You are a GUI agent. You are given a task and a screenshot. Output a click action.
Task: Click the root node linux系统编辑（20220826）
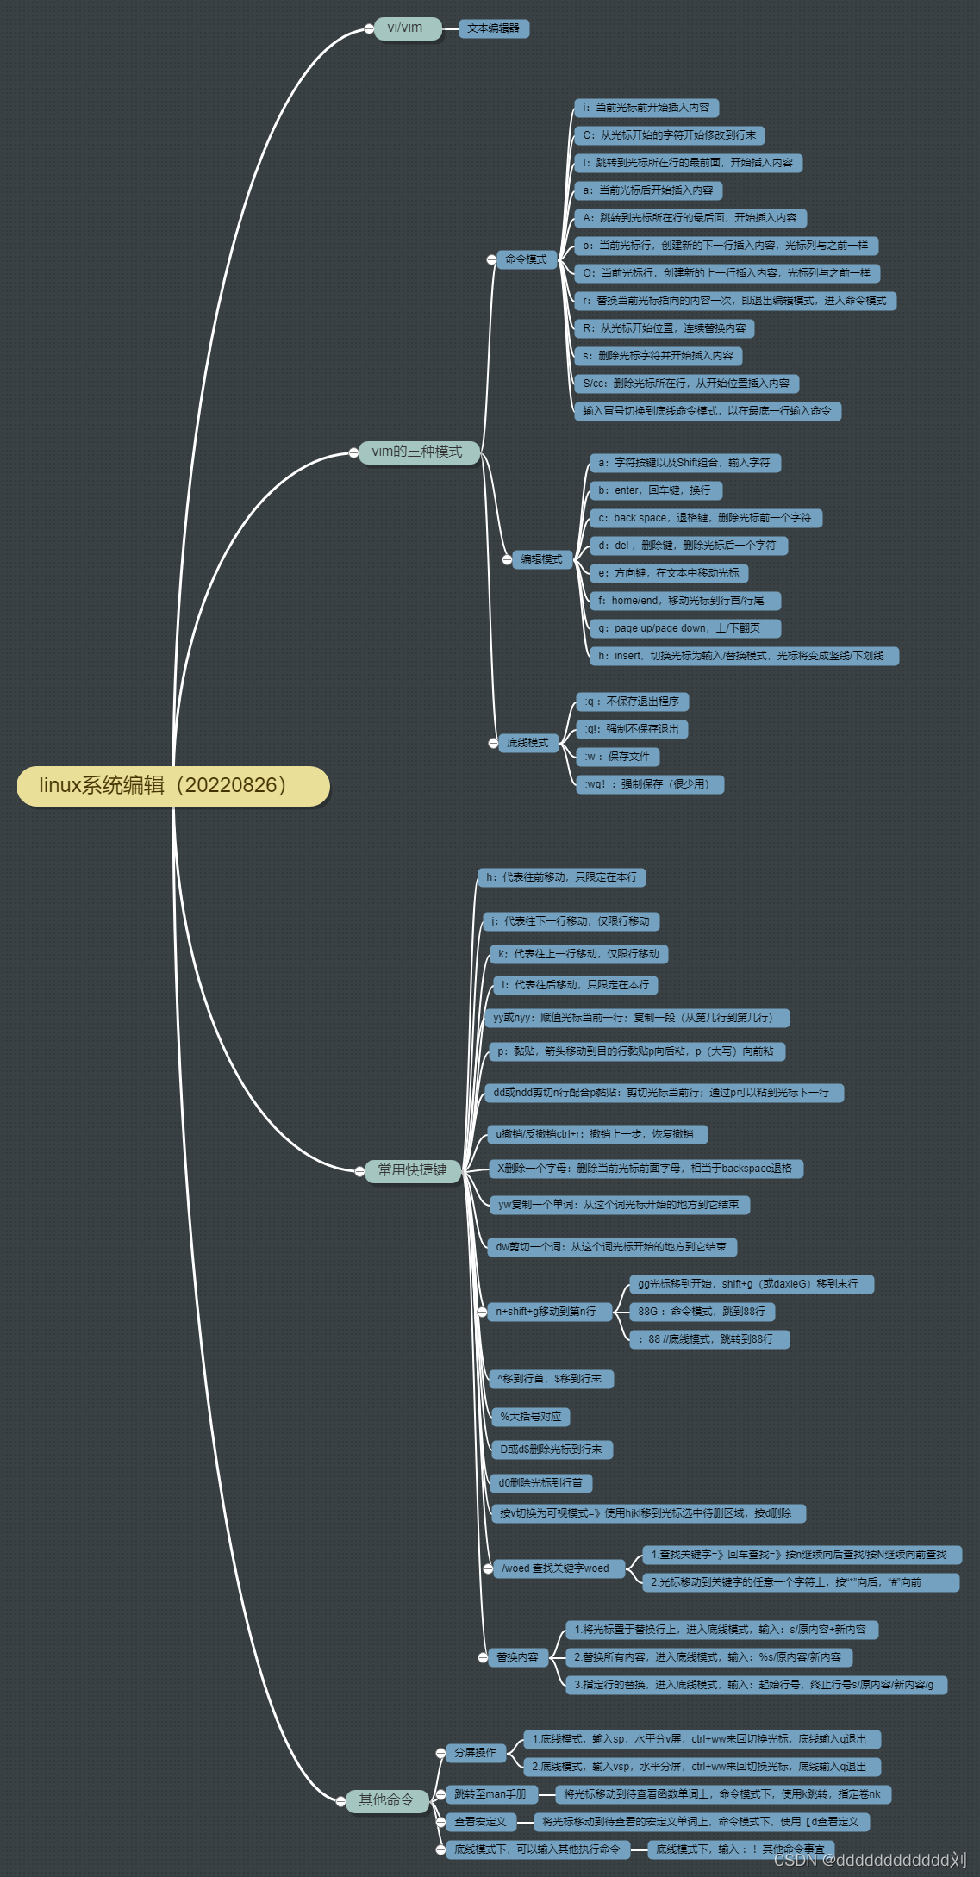[x=173, y=786]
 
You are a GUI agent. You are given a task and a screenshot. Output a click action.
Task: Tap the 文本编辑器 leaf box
[x=494, y=28]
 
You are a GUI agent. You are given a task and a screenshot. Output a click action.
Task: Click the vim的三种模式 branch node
[x=418, y=452]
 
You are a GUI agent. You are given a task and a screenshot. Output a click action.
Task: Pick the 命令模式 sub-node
[x=527, y=259]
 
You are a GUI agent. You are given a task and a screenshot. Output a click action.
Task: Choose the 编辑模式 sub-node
[x=542, y=559]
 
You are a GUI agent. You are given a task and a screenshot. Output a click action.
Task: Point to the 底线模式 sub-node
[x=528, y=743]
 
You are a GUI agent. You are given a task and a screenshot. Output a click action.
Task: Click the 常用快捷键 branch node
[x=413, y=1170]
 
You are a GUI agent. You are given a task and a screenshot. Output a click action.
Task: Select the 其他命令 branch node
[x=387, y=1800]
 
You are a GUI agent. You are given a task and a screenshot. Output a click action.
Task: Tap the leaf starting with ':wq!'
[x=650, y=784]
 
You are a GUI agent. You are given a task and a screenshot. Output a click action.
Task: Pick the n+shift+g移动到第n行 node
[x=546, y=1312]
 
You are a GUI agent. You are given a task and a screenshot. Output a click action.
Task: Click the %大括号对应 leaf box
[x=531, y=1417]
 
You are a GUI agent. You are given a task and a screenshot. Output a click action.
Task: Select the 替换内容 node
[x=518, y=1657]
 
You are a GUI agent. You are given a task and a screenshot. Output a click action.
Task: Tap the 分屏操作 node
[x=476, y=1753]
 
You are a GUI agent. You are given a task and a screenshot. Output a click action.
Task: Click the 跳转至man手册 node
[x=491, y=1794]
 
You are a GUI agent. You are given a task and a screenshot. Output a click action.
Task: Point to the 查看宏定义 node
[x=481, y=1822]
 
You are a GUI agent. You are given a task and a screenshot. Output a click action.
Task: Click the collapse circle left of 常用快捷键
[x=359, y=1170]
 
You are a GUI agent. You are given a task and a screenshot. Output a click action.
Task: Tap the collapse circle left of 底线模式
[x=493, y=743]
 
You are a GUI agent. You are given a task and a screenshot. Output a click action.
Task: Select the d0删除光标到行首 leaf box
[x=541, y=1483]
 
